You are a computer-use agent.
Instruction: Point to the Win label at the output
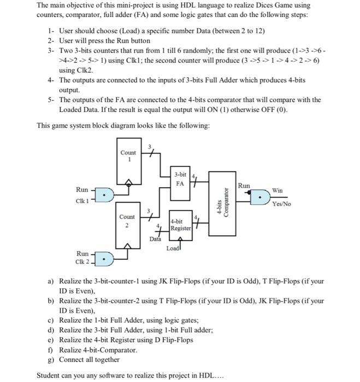pyautogui.click(x=278, y=190)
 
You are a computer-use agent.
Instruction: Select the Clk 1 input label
pyautogui.click(x=82, y=201)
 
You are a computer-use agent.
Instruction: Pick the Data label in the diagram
pyautogui.click(x=156, y=239)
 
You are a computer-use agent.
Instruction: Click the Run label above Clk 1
pyautogui.click(x=82, y=189)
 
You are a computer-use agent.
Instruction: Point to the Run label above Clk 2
pyautogui.click(x=82, y=254)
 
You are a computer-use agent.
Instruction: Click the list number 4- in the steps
pyautogui.click(x=51, y=80)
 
